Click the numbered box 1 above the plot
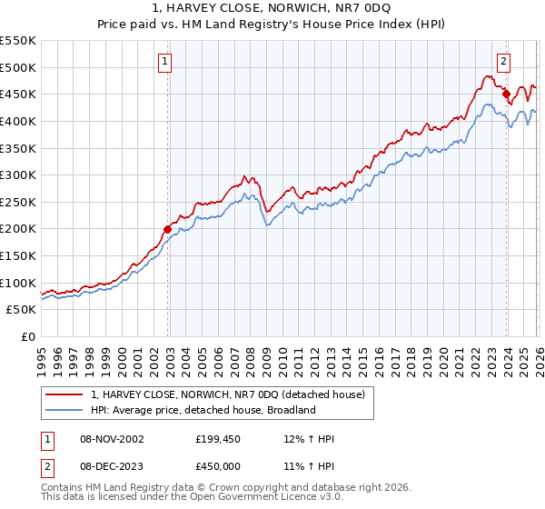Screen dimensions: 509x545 165,62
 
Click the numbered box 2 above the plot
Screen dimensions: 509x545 503,62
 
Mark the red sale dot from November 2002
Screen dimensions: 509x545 167,229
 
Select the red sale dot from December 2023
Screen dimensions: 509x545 506,93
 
